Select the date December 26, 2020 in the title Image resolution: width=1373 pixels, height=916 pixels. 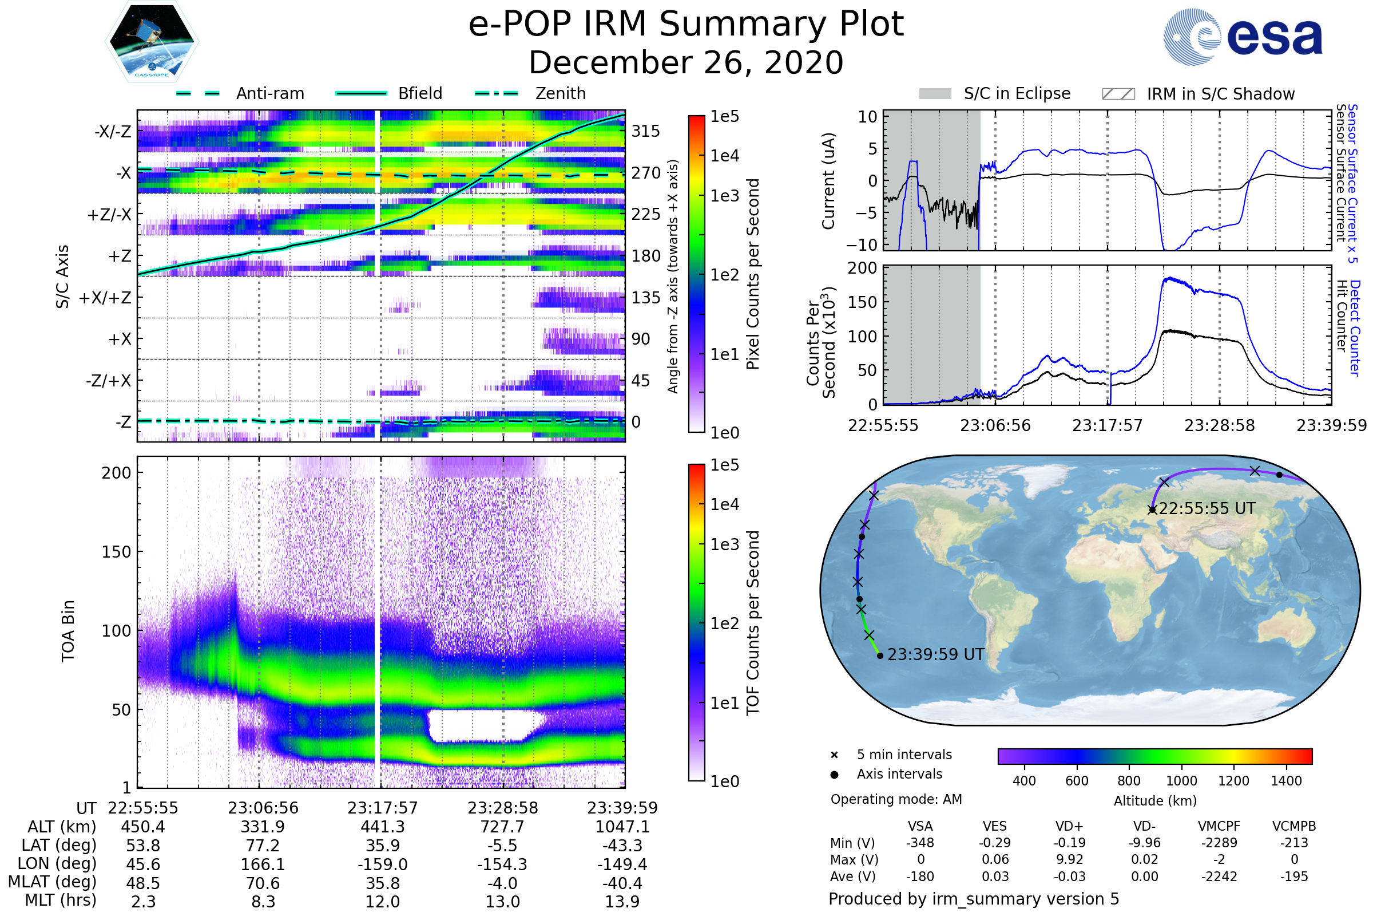(x=686, y=62)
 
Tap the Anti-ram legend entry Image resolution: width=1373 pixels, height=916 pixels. (x=269, y=93)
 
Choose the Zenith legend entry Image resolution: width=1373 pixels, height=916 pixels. (x=561, y=93)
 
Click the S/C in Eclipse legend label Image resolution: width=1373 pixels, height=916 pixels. (x=1017, y=93)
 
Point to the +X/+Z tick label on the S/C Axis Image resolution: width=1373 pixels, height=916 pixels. (x=105, y=298)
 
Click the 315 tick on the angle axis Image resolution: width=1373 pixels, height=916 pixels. (x=646, y=131)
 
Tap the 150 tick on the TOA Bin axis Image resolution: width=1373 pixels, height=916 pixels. (x=116, y=551)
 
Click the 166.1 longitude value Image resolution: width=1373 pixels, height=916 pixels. (x=263, y=864)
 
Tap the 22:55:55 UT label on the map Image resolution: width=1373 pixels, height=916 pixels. (x=1207, y=508)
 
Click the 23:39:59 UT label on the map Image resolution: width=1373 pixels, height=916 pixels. (x=936, y=654)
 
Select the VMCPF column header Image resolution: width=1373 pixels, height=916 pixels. (x=1219, y=826)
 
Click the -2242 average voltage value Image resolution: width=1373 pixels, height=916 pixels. (x=1219, y=876)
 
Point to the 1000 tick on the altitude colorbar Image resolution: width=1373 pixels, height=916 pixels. (x=1181, y=780)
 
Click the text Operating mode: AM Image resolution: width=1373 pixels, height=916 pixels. (x=896, y=799)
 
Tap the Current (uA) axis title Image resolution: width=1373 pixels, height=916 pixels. (x=828, y=181)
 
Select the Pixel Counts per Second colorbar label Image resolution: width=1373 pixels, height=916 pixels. (x=753, y=274)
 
